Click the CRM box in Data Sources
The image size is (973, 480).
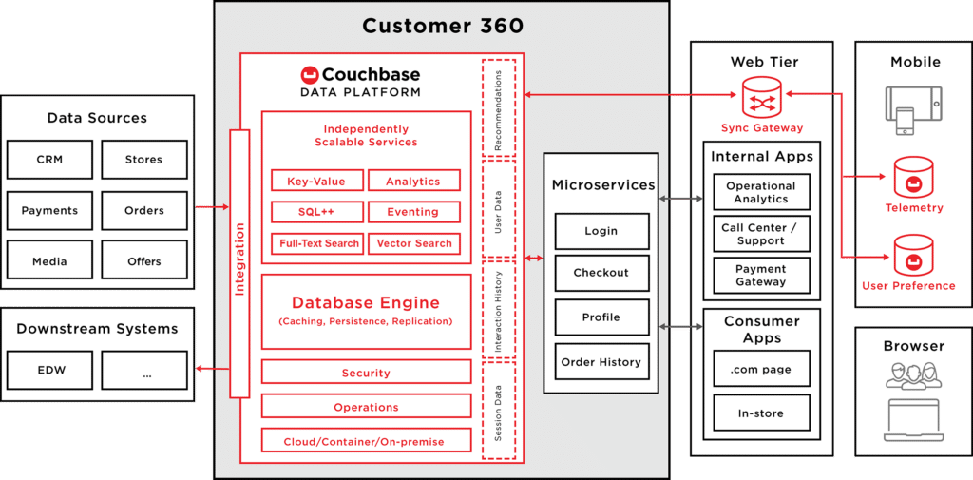pos(49,160)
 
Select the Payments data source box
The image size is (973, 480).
pos(49,210)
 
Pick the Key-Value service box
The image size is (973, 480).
pos(315,181)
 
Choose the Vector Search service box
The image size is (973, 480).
pos(413,243)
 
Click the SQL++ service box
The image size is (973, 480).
pos(315,212)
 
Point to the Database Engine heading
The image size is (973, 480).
pos(366,303)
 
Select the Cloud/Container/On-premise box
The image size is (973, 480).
pos(366,442)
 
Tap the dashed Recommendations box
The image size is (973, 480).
pos(499,106)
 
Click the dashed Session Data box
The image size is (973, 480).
pos(499,411)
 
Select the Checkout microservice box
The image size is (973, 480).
pos(601,273)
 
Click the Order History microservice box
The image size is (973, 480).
pos(601,362)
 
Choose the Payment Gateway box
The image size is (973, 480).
pos(761,276)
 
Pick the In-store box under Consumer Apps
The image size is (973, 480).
pos(761,413)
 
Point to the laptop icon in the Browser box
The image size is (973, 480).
pos(912,419)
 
